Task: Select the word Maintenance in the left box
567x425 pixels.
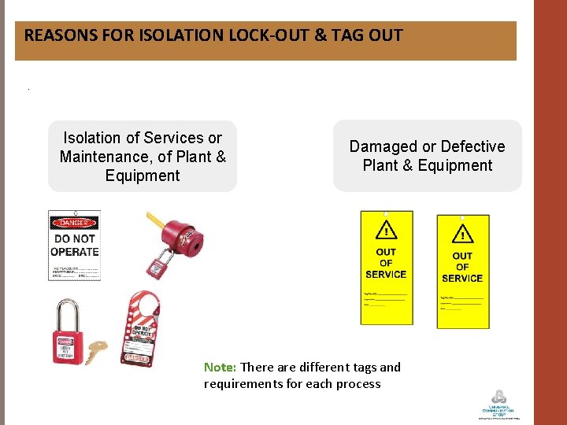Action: [106, 157]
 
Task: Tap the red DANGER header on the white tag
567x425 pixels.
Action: [74, 224]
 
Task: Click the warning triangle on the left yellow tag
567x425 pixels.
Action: [386, 231]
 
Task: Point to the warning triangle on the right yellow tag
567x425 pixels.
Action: [462, 235]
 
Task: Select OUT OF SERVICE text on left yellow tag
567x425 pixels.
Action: [386, 264]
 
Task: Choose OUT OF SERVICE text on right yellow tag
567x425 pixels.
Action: [462, 267]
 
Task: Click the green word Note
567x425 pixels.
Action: [220, 367]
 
